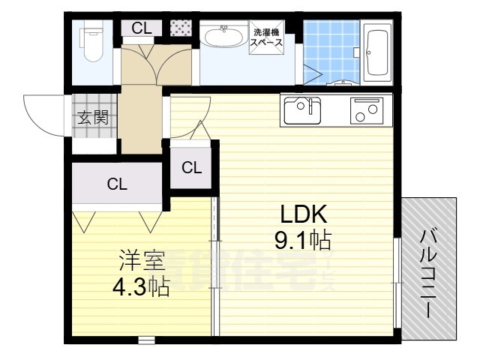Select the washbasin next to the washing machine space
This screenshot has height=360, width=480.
click(223, 37)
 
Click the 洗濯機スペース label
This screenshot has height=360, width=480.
click(268, 37)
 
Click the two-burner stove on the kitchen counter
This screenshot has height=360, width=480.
click(366, 111)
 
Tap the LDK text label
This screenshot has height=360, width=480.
click(304, 215)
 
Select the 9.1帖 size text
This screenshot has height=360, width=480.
click(304, 241)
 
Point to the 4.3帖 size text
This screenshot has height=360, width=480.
click(140, 286)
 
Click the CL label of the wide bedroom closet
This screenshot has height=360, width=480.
click(116, 184)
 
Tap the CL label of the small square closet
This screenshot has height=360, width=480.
click(191, 168)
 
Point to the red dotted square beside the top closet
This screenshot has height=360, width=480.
click(181, 28)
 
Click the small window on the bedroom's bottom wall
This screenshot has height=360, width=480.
click(147, 340)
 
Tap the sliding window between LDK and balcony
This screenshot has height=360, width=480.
click(397, 281)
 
